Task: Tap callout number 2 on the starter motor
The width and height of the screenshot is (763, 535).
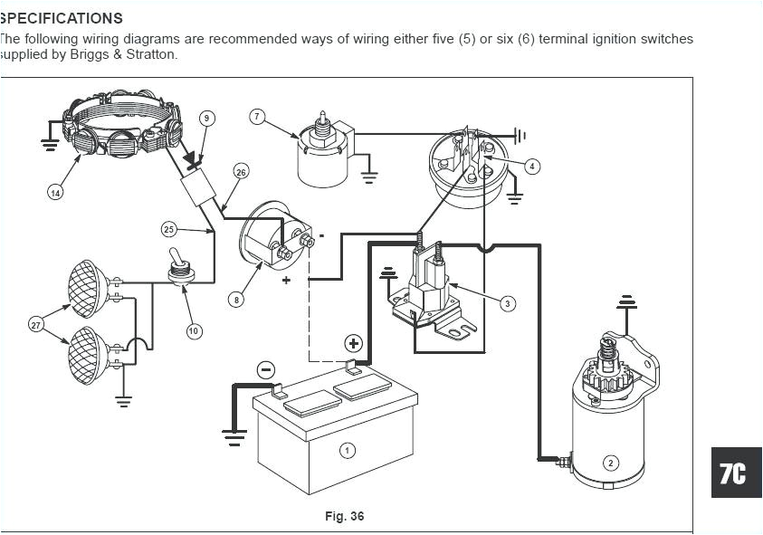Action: pos(610,463)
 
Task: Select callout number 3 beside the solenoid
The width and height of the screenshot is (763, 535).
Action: pos(508,303)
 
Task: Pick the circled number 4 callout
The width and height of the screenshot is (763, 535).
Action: pos(532,166)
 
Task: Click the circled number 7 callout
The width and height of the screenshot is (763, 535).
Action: pos(257,117)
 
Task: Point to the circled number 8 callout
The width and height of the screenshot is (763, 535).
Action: pos(235,300)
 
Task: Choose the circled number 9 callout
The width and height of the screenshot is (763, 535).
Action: pos(206,118)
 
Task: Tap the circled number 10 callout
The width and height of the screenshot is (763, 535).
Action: pos(194,331)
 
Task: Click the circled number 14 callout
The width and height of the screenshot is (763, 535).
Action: pos(55,192)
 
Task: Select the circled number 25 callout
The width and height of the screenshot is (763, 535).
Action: pos(169,229)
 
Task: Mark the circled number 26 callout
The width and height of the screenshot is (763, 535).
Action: pos(240,172)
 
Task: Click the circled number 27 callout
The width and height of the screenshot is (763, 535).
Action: pos(36,324)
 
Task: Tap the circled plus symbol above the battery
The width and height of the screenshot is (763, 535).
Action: pos(353,343)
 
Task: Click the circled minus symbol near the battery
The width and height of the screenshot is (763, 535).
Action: pos(265,369)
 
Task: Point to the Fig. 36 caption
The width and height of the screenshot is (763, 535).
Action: pos(344,516)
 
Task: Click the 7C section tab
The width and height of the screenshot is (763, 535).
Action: pos(733,473)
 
